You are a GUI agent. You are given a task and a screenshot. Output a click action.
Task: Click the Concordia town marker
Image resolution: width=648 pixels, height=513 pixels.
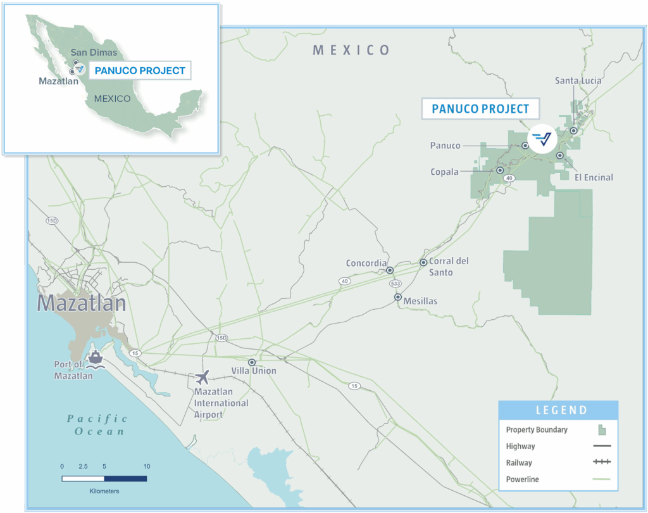tap(390, 270)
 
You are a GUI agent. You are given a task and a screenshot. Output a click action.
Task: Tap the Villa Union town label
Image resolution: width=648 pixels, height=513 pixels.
tap(254, 371)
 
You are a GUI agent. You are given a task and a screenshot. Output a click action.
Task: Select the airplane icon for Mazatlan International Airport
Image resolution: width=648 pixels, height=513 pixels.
tap(202, 378)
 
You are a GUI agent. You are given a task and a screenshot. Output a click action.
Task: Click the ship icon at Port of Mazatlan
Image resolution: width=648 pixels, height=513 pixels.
tap(96, 357)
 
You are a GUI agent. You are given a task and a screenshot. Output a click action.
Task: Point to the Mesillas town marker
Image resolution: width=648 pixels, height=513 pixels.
tap(398, 297)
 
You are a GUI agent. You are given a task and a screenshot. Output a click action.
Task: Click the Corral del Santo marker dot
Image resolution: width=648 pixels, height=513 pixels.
tap(423, 262)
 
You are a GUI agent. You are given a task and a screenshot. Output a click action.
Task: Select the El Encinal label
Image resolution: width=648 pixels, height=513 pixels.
tap(594, 177)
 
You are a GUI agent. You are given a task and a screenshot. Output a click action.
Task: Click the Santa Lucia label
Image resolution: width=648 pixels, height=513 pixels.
tap(578, 80)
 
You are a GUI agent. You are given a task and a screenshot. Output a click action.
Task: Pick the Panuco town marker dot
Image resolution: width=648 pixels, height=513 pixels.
tap(525, 146)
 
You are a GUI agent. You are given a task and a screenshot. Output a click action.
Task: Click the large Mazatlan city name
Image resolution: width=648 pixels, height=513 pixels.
tap(81, 303)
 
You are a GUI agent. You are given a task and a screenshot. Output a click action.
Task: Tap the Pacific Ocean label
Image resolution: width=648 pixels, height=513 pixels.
tap(97, 425)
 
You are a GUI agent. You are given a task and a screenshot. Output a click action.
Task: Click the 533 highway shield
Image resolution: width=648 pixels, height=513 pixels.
tap(396, 283)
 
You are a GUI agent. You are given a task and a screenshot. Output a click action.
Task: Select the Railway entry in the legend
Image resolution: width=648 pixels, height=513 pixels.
tap(519, 463)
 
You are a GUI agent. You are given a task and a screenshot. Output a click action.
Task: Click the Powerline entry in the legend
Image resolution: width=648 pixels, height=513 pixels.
tap(522, 479)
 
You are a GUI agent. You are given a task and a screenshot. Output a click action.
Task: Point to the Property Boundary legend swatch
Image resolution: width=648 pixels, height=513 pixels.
tap(602, 430)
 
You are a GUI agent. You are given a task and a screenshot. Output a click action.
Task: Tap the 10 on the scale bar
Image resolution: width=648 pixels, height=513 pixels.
tap(146, 466)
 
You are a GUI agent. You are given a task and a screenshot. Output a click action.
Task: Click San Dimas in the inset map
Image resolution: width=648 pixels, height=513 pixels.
tap(94, 53)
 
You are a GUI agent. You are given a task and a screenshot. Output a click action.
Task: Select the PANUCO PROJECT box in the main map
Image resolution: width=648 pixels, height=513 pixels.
tap(480, 109)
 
